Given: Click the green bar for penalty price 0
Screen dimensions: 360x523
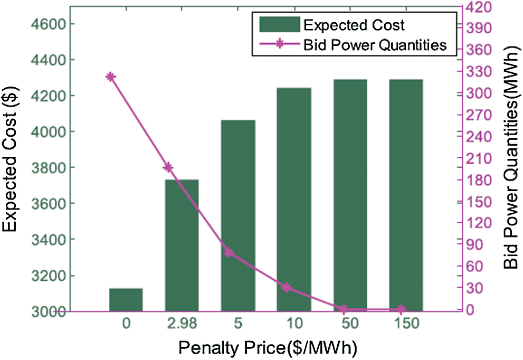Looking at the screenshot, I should point(126,300).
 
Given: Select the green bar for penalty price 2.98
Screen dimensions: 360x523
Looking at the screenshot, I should point(182,245).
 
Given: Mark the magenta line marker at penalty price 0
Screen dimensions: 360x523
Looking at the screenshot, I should point(110,77).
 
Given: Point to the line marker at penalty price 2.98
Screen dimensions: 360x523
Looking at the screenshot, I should point(168,167).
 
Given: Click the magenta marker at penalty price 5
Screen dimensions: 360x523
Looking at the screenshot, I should point(229,253).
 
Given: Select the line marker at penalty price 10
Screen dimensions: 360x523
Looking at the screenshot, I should point(286,288).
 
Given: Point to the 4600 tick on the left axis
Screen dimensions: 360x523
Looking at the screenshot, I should point(46,24).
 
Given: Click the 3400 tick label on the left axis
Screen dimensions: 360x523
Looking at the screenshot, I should point(46,240).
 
